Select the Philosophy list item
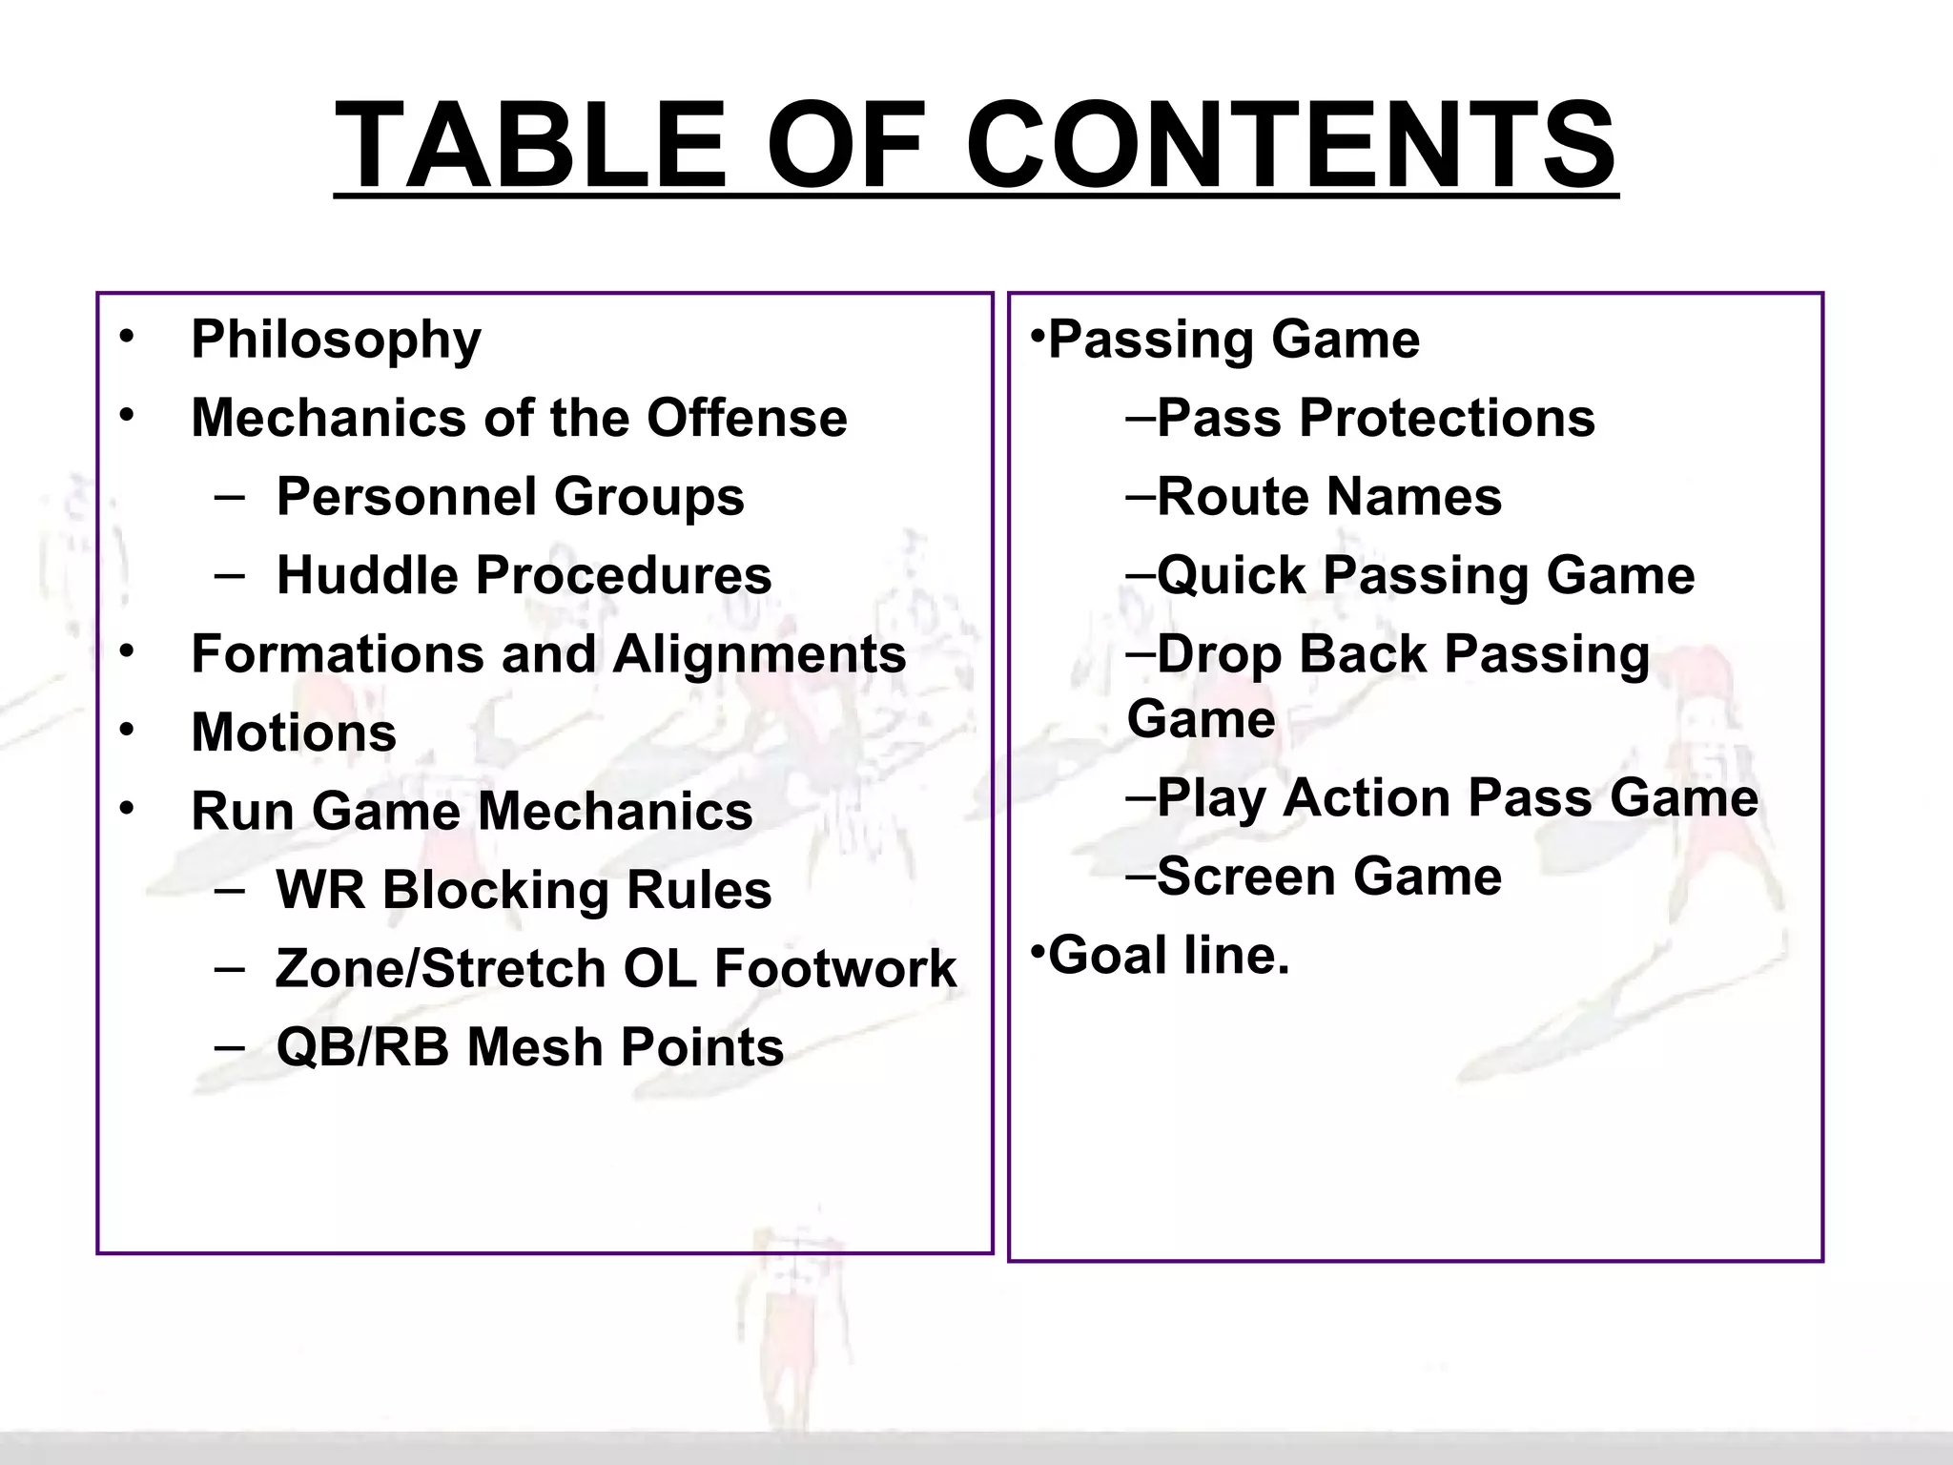tap(336, 340)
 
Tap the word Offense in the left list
tap(747, 418)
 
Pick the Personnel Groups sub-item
tap(509, 497)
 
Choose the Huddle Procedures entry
tap(524, 575)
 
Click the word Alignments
tap(759, 654)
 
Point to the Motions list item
tap(294, 732)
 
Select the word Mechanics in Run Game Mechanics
tap(615, 812)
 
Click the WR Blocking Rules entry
tap(524, 890)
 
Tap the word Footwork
tap(835, 969)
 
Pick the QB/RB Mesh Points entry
tap(529, 1047)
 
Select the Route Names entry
tap(1328, 497)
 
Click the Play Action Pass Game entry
tap(1456, 797)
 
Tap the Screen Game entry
tap(1328, 877)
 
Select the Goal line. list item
tap(1168, 955)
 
